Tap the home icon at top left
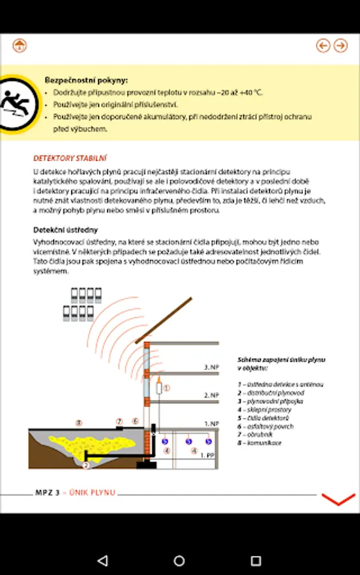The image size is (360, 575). tap(19, 45)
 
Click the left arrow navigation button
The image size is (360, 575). tap(323, 45)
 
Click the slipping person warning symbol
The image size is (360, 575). tap(17, 103)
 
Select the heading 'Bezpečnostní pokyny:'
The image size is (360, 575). tap(86, 80)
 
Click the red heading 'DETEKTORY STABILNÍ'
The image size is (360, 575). tap(70, 158)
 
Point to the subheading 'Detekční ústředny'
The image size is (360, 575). tap(65, 230)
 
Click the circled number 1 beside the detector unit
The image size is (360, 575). tap(167, 388)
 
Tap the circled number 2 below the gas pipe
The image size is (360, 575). tap(86, 465)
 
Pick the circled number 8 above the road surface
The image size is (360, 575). tap(79, 423)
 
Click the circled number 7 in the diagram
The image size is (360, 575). tap(120, 422)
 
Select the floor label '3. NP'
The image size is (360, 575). tap(212, 367)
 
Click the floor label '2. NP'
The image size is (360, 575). tap(212, 395)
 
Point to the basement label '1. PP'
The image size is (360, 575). tap(207, 456)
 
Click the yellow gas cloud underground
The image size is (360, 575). tap(91, 445)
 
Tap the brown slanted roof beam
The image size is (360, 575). tap(164, 321)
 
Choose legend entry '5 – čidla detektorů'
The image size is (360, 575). tap(263, 418)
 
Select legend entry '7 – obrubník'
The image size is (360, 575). tap(255, 434)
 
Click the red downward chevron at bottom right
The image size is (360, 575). tap(338, 500)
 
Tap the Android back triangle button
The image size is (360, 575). tap(103, 560)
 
